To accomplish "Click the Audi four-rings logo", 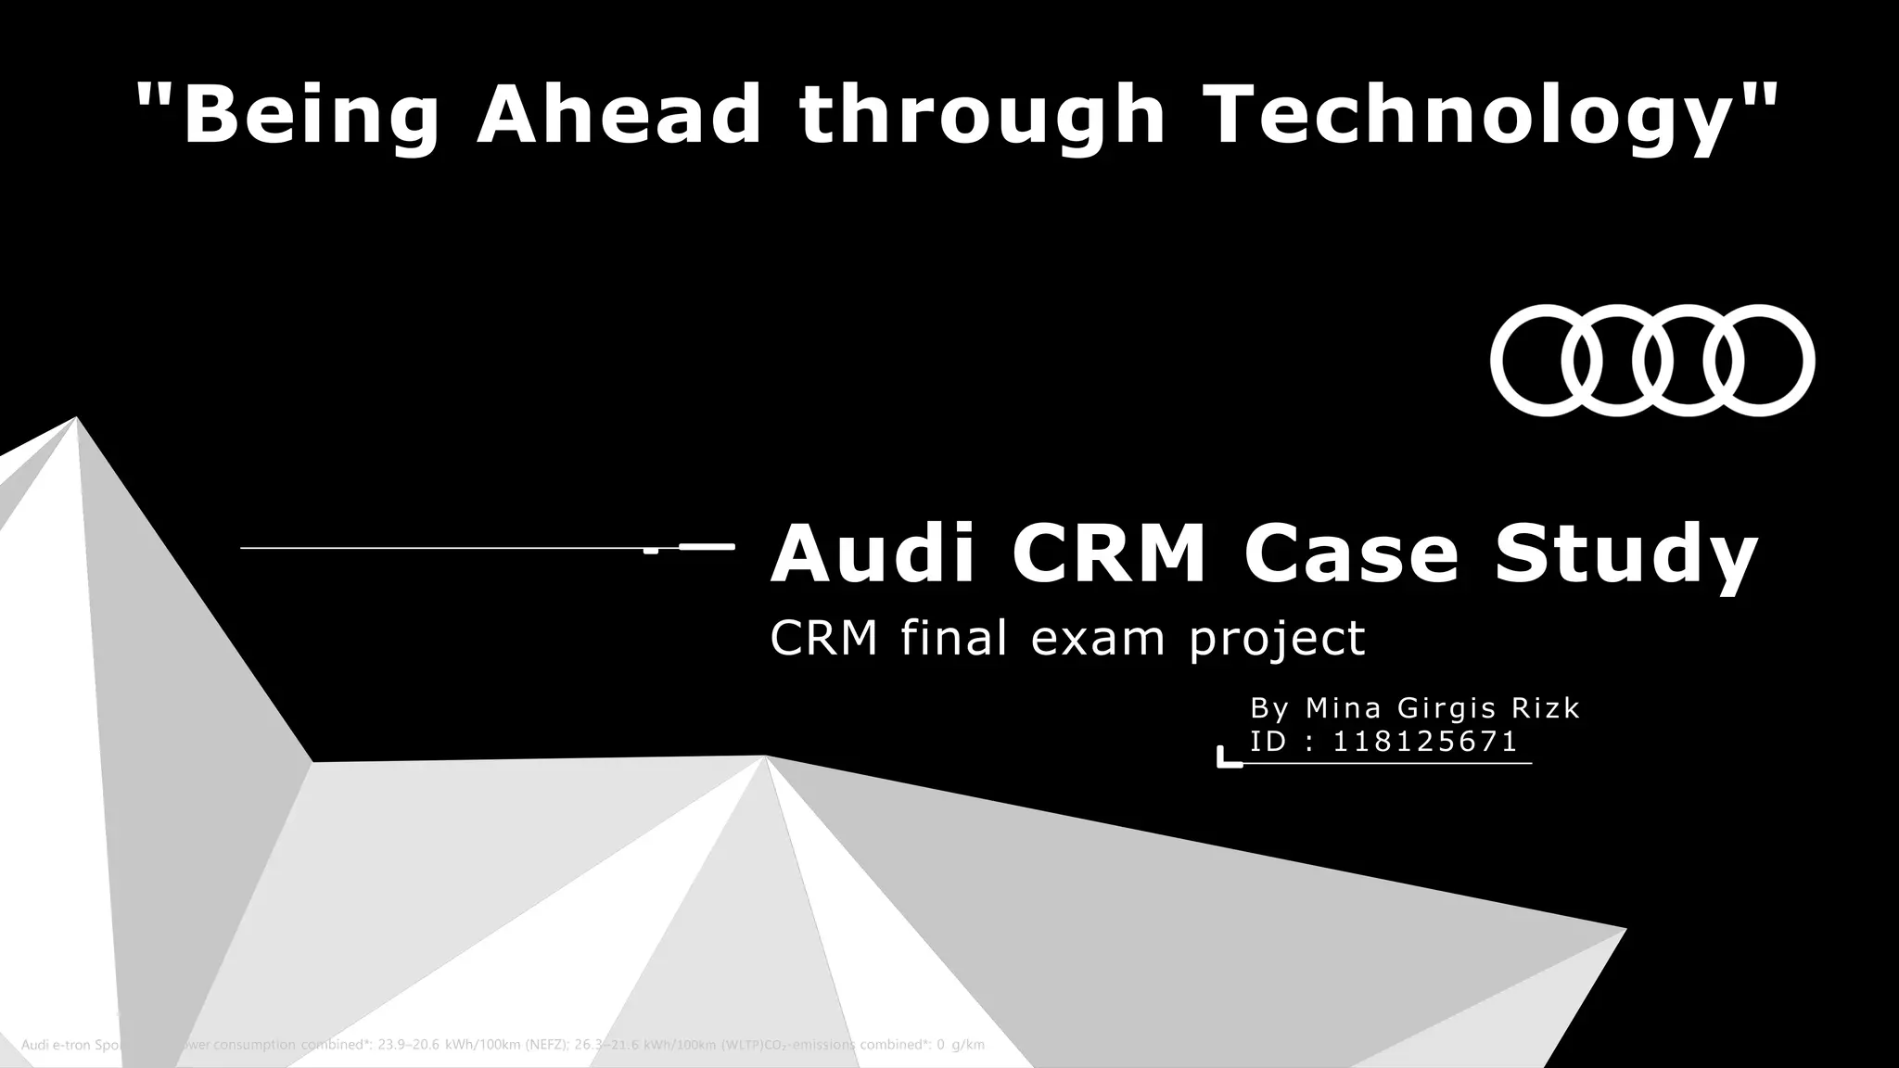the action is click(1652, 361).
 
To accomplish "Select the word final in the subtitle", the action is click(954, 638).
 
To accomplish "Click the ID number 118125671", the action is click(1425, 742).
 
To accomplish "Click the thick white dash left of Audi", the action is click(707, 547).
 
